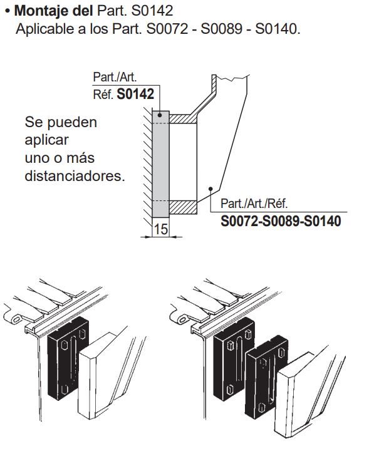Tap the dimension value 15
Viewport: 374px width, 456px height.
tap(160, 230)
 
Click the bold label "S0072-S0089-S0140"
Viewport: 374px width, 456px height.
tap(281, 221)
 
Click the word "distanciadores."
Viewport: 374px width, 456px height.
tap(75, 176)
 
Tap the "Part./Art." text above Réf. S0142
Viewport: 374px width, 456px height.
tap(115, 78)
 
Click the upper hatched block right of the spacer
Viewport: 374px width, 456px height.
tap(182, 118)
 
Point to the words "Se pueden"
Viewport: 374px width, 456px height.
tap(61, 122)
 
